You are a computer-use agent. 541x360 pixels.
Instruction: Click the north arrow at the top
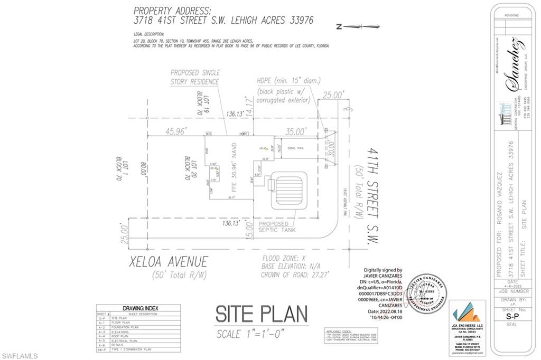(x=358, y=26)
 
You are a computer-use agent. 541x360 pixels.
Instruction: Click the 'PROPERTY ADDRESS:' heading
(x=171, y=10)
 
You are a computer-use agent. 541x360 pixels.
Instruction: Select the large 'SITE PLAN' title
(x=261, y=315)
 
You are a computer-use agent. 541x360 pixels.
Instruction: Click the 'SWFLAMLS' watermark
(x=20, y=356)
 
